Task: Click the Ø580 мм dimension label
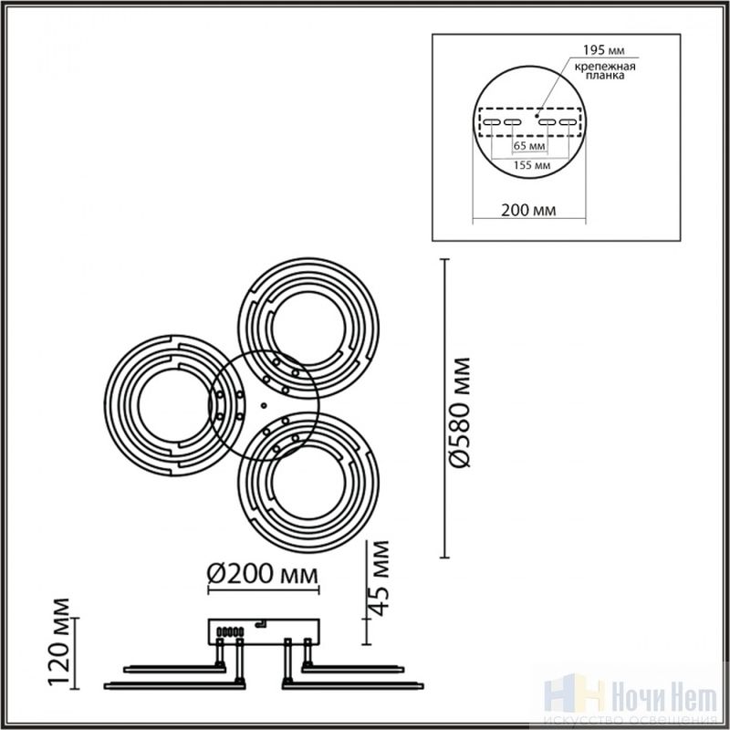click(x=460, y=412)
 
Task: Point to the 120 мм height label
click(x=59, y=643)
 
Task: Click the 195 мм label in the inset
click(x=604, y=50)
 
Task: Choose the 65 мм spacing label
click(x=529, y=146)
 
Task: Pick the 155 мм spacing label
click(x=532, y=165)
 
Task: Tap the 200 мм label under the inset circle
click(x=528, y=210)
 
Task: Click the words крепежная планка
click(x=605, y=71)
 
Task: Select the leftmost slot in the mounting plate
click(x=492, y=122)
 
